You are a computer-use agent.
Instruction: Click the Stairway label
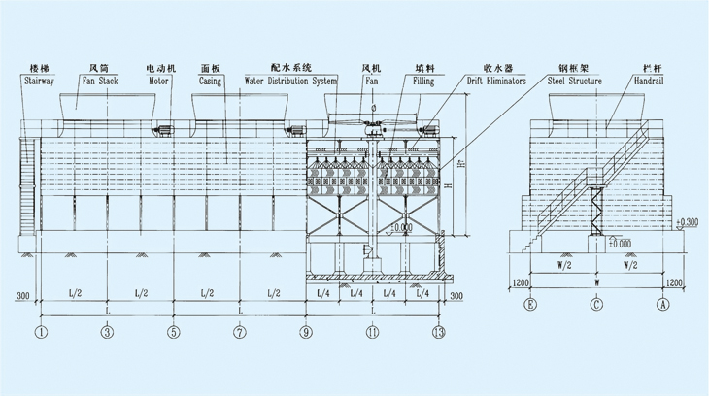click(37, 82)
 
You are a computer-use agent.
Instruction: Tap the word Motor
click(158, 82)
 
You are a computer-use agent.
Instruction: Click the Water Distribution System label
click(289, 82)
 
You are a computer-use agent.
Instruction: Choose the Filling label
click(423, 82)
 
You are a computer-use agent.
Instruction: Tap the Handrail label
click(649, 82)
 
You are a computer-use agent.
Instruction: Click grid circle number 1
click(41, 333)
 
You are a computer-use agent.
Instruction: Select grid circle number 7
click(240, 333)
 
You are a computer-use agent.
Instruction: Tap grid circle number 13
click(439, 333)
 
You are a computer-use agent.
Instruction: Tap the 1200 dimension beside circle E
click(520, 282)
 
